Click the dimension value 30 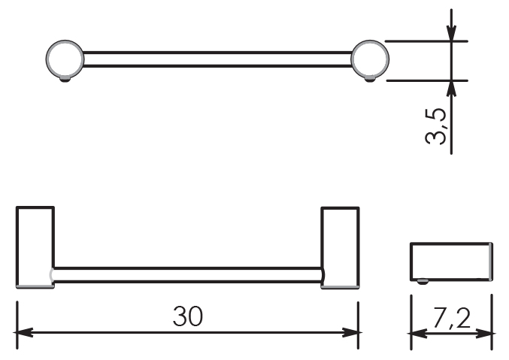pyautogui.click(x=188, y=316)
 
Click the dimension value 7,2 pyautogui.click(x=452, y=319)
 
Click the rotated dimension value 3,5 pyautogui.click(x=435, y=126)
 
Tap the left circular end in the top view pyautogui.click(x=65, y=59)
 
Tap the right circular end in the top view pyautogui.click(x=370, y=59)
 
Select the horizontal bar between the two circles pyautogui.click(x=217, y=59)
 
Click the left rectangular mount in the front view pyautogui.click(x=35, y=247)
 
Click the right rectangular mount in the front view pyautogui.click(x=340, y=247)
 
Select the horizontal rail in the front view pyautogui.click(x=188, y=275)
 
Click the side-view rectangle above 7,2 pyautogui.click(x=452, y=262)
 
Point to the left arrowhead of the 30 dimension pyautogui.click(x=23, y=332)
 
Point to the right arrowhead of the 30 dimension pyautogui.click(x=351, y=332)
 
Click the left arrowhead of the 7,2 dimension pyautogui.click(x=417, y=333)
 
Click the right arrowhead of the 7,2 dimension pyautogui.click(x=485, y=333)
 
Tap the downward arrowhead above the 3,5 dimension pyautogui.click(x=451, y=33)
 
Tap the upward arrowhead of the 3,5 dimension pyautogui.click(x=451, y=88)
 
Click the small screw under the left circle pyautogui.click(x=65, y=80)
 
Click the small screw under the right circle pyautogui.click(x=370, y=80)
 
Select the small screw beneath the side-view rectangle pyautogui.click(x=422, y=281)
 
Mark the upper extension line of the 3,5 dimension pyautogui.click(x=426, y=41)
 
